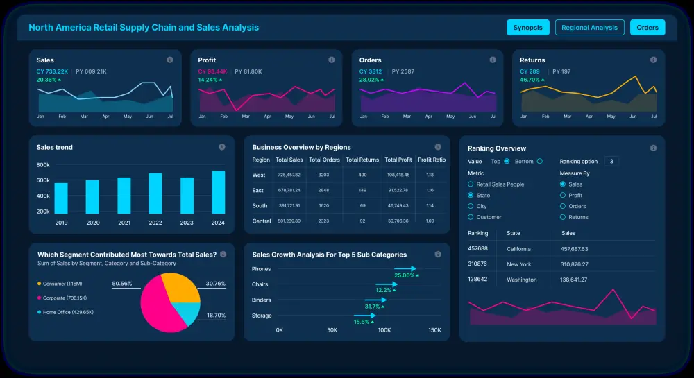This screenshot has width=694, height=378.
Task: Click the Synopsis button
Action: tap(528, 28)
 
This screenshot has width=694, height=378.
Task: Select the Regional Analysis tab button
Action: tap(589, 28)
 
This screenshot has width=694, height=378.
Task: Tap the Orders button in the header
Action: tap(647, 28)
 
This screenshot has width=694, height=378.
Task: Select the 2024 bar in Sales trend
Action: tap(218, 192)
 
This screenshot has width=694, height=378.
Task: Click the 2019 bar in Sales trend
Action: tap(61, 198)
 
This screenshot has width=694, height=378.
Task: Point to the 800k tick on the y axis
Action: tap(43, 165)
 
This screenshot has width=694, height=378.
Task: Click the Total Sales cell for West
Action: tap(288, 175)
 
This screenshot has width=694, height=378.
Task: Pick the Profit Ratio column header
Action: tap(431, 160)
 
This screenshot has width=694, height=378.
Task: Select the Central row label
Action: tap(261, 221)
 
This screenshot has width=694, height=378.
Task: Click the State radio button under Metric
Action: tap(471, 196)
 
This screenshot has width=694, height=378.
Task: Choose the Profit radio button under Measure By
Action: tap(562, 196)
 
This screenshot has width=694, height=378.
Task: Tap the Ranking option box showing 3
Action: tap(611, 162)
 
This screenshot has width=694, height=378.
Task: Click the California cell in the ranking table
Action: tap(518, 249)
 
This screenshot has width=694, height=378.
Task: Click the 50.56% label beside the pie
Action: tap(122, 284)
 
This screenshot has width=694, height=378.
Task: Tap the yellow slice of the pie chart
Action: tap(178, 286)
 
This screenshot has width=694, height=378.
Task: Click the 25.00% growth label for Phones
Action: tap(404, 275)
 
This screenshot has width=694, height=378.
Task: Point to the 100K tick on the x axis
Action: tap(384, 330)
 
